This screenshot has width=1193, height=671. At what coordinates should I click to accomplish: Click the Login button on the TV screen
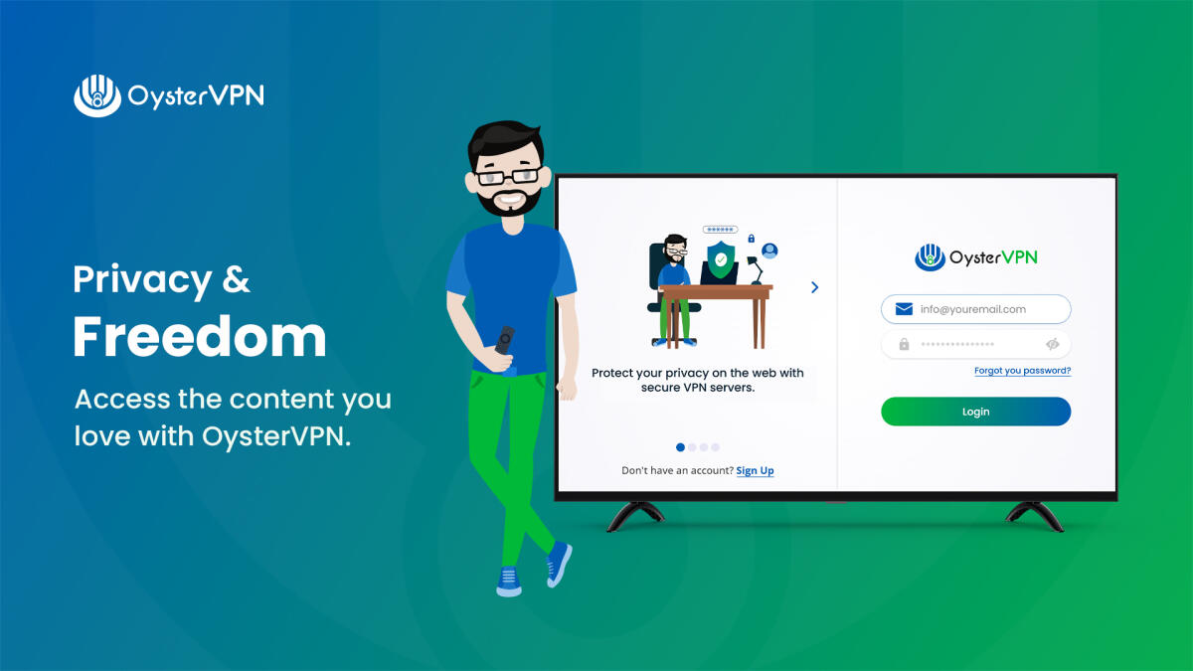coord(975,412)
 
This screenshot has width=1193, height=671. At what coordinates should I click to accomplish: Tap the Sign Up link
coord(755,470)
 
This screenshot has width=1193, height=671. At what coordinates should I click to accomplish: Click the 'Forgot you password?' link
coord(1022,371)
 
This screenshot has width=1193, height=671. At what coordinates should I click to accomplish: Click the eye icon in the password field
coord(1053,344)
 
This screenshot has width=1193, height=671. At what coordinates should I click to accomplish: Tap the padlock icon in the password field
coord(904,344)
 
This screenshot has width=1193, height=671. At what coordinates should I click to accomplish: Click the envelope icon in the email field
coord(904,309)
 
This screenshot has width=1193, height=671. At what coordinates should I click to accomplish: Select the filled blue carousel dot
coord(680,447)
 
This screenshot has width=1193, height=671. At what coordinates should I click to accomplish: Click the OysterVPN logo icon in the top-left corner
coord(96,95)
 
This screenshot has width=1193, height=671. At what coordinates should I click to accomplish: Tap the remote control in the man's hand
coord(505,343)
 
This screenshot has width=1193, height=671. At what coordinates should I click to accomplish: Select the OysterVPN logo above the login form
coord(975,257)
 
